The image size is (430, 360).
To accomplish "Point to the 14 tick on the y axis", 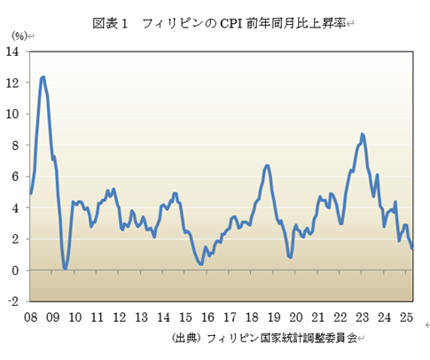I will coord(14,51).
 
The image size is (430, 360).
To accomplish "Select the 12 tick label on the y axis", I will coord(14,82).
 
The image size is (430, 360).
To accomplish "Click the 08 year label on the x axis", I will coord(30,317).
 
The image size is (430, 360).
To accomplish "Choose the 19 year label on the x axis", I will coord(273,317).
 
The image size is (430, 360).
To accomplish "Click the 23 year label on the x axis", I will coord(362,317).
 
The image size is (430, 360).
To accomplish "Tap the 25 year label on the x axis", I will coord(405,317).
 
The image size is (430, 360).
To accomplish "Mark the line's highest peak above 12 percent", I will coord(43,77).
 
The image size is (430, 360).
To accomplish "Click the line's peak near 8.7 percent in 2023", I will coord(363,134).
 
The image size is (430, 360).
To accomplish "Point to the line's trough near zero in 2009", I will coord(66,267).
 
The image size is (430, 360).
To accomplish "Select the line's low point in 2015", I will coord(201,263).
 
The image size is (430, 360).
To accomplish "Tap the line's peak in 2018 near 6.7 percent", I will coord(268,166).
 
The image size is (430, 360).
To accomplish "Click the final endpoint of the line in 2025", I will coord(412,248).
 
